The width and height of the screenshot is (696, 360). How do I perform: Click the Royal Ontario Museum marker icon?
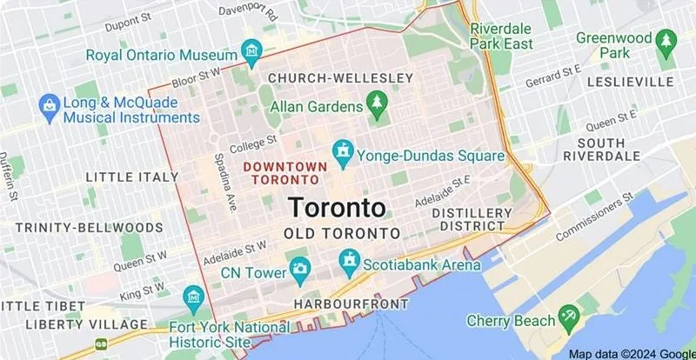coord(252,51)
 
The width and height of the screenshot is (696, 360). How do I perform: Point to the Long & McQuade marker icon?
coord(50,107)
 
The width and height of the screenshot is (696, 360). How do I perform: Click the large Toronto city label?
coord(336,208)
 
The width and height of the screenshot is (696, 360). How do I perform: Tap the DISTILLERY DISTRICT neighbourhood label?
coord(472,219)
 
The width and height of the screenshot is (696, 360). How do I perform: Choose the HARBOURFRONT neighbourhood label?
coord(351,303)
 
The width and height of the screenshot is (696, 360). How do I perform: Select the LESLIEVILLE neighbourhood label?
coord(630,81)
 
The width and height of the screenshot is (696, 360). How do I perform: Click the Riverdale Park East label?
coord(500,36)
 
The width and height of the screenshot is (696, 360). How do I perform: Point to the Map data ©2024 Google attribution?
coord(631,353)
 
